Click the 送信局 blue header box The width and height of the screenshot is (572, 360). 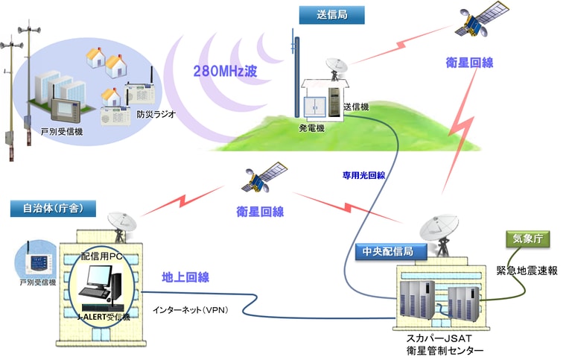[331, 15]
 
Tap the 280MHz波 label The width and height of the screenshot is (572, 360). [225, 72]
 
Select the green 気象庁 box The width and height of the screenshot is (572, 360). [527, 239]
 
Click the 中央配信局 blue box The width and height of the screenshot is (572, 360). [391, 252]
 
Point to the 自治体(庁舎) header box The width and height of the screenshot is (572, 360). [54, 209]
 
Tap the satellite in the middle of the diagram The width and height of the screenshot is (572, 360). [264, 177]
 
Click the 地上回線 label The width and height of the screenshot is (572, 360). [185, 277]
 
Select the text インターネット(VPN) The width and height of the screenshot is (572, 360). [191, 310]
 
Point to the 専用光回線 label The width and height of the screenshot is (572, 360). [363, 176]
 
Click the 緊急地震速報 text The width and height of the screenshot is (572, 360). [527, 271]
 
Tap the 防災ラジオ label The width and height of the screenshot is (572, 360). [156, 114]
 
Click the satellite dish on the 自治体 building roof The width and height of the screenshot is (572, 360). [121, 227]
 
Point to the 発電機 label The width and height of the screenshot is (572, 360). [311, 128]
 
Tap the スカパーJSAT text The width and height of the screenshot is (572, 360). [439, 338]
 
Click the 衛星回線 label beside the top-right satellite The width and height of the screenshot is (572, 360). [469, 63]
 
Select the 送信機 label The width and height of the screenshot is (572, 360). [356, 107]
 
